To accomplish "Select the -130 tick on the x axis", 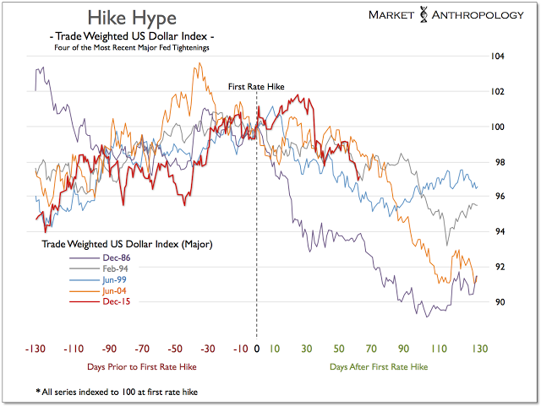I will (x=36, y=349).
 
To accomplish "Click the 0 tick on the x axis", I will (x=257, y=349).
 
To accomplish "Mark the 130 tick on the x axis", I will (x=478, y=349).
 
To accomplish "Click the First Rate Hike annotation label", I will (x=257, y=87).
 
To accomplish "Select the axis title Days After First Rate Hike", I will (x=379, y=367).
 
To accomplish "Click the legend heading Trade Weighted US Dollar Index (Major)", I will (x=127, y=244).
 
